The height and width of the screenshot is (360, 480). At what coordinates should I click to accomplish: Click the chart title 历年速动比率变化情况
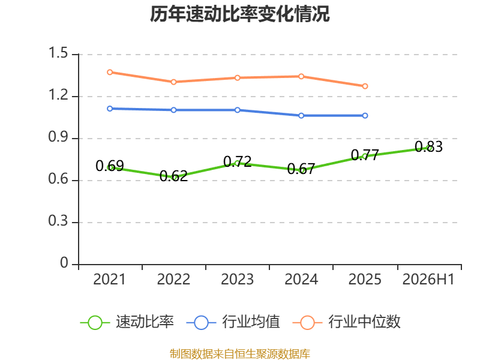point(239,14)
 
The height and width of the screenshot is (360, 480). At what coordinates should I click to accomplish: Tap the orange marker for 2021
point(110,72)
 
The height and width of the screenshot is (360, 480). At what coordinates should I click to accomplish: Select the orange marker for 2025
point(365,86)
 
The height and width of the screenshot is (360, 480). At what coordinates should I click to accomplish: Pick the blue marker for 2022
point(173,110)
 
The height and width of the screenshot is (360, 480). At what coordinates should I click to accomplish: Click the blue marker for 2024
point(301,116)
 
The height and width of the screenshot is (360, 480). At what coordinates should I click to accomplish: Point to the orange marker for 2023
point(237,78)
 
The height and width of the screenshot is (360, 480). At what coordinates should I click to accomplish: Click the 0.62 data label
point(173,176)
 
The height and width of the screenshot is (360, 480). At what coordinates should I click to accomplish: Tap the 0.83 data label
point(428,146)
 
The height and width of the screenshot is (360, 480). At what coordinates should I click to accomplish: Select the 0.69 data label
point(110,166)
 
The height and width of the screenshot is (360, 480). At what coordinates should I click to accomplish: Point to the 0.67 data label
point(301,169)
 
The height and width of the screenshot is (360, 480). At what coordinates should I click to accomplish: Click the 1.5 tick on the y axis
point(58,53)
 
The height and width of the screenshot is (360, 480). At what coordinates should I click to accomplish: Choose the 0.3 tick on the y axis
point(58,221)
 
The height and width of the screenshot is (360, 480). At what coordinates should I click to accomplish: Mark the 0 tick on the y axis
point(64,263)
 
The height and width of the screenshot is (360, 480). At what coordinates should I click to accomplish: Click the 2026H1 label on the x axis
point(428,279)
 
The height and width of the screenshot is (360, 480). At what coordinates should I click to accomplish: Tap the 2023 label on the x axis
point(237,279)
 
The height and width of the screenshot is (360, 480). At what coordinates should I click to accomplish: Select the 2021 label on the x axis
point(109,279)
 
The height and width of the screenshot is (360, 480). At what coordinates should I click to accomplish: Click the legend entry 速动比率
point(127,322)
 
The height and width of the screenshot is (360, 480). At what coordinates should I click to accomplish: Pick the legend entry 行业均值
point(233,322)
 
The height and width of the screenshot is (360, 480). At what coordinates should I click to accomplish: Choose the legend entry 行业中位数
point(347,322)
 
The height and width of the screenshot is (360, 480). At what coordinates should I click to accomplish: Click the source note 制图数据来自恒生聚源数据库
point(240,354)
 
